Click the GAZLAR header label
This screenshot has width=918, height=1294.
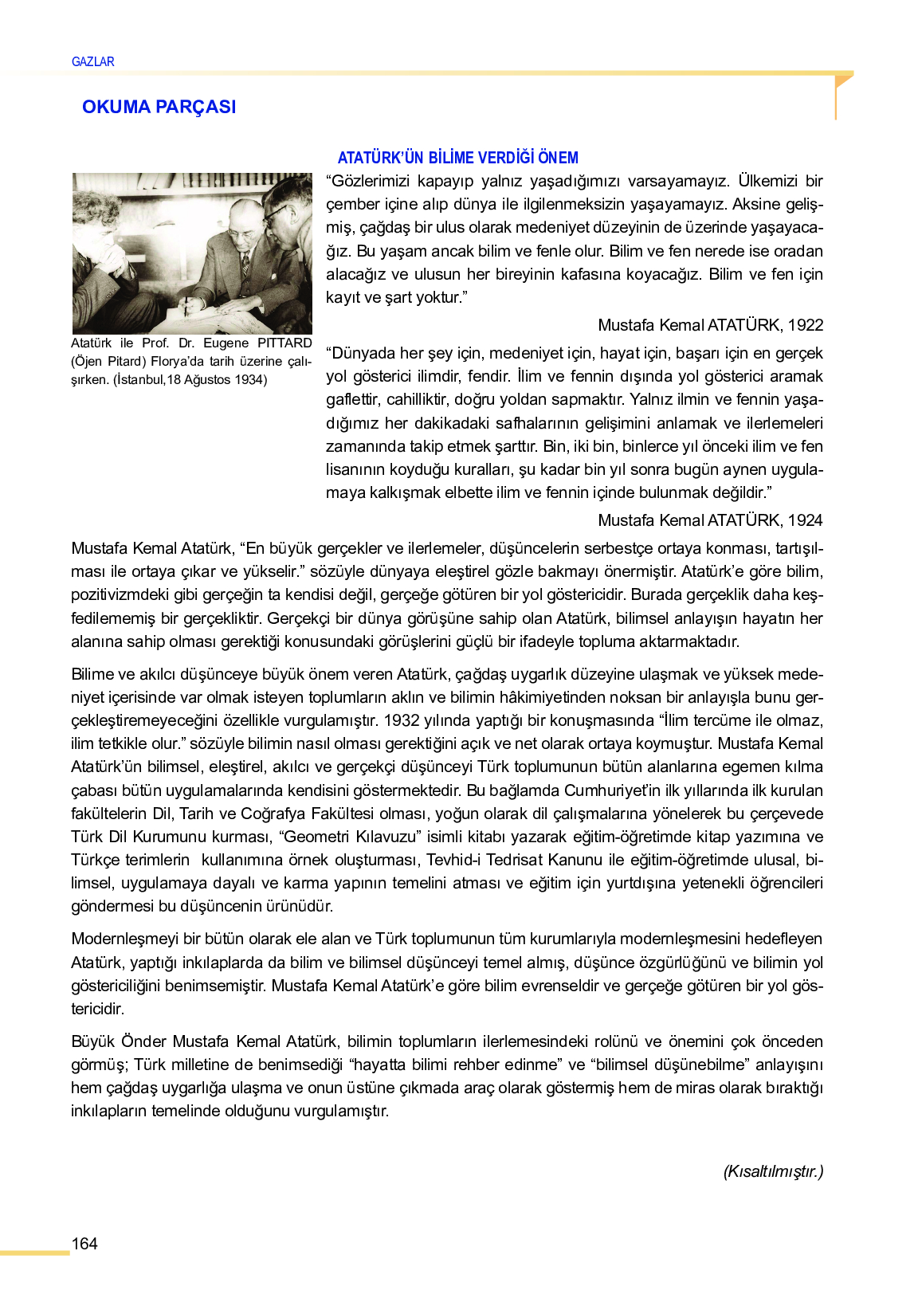point(92,61)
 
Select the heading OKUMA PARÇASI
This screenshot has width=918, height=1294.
point(159,107)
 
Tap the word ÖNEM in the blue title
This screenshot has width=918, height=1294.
point(557,158)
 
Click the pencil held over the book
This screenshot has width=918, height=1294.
point(185,305)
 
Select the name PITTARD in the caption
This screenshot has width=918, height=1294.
point(284,343)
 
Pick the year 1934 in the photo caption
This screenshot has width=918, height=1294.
point(249,380)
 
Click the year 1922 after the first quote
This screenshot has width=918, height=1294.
point(805,325)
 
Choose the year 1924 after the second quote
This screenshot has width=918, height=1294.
point(805,520)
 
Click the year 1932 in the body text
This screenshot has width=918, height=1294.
point(401,720)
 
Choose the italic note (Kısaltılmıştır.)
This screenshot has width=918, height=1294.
point(773,1171)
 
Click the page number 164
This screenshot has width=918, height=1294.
point(84,1244)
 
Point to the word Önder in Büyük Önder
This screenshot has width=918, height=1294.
point(143,1042)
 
